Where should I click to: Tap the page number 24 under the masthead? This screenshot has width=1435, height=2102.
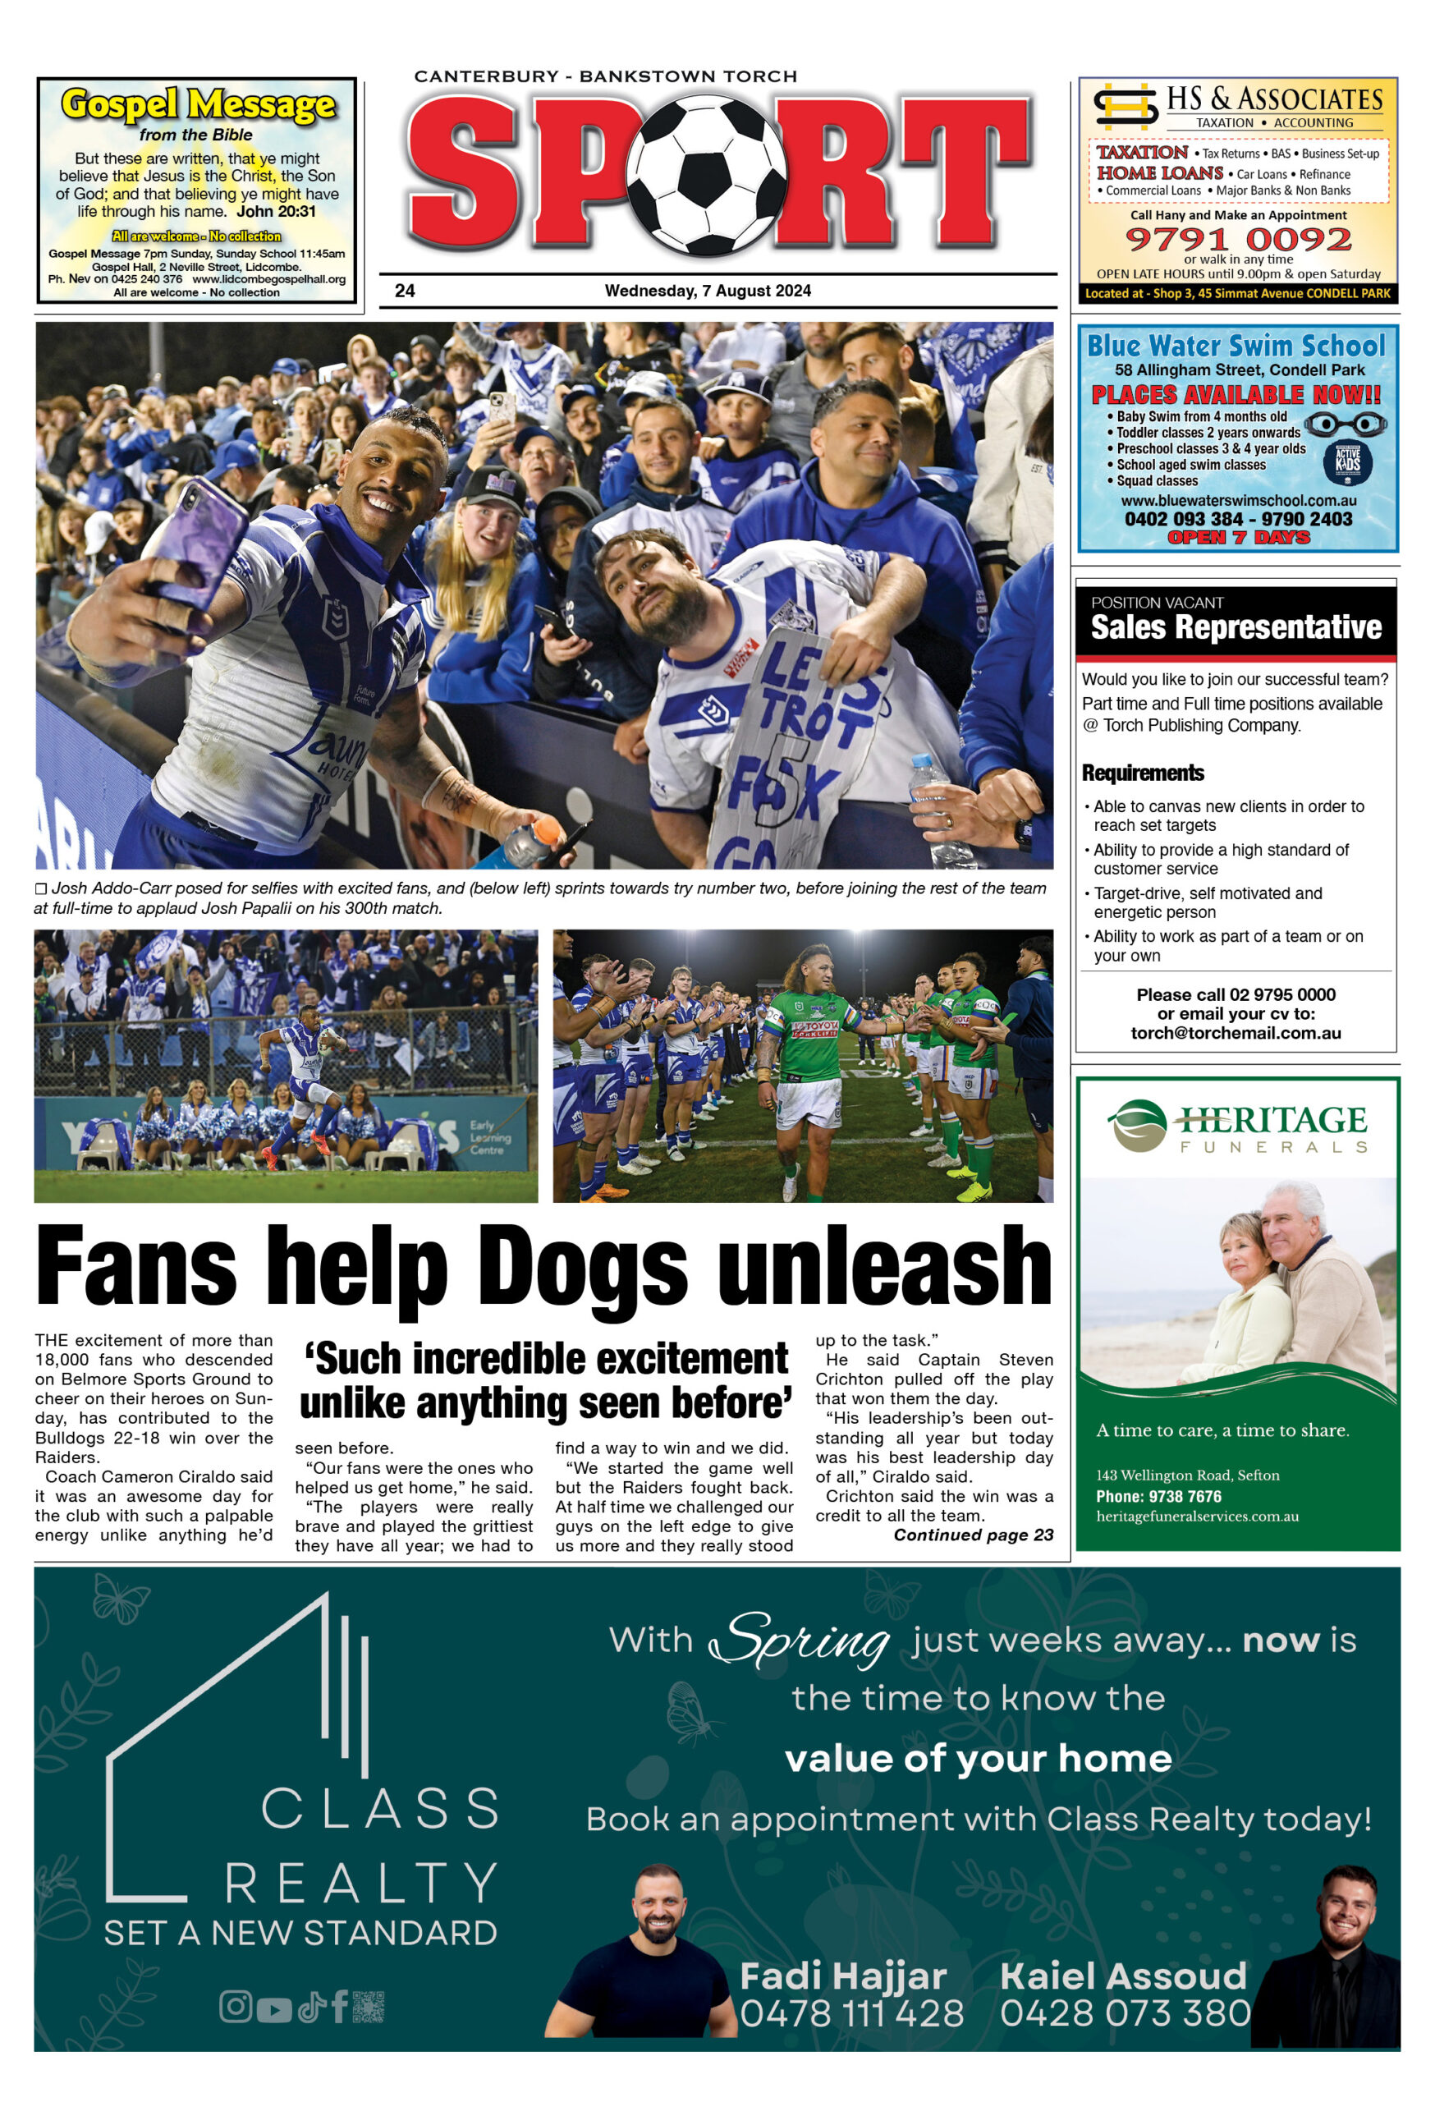pos(404,291)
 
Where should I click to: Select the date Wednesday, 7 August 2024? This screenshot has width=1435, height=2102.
pos(707,291)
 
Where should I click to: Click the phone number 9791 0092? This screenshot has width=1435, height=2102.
pos(1237,240)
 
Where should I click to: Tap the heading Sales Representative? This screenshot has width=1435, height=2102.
pos(1236,626)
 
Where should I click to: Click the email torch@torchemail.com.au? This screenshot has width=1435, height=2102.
pos(1236,1033)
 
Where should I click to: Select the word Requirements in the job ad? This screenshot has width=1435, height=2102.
pos(1142,773)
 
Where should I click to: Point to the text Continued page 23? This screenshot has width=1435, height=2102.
pos(972,1535)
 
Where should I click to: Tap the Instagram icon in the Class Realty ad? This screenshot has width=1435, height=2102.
pos(235,2006)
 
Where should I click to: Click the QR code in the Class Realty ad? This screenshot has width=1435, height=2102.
pos(368,2006)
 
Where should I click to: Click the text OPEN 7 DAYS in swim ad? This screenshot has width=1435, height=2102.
pos(1237,537)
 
